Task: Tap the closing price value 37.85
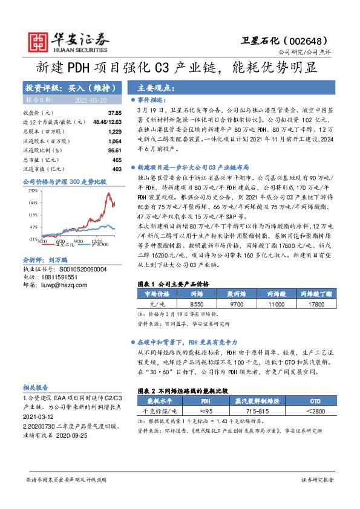pyautogui.click(x=114, y=113)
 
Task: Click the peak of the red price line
pyautogui.click(x=108, y=193)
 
